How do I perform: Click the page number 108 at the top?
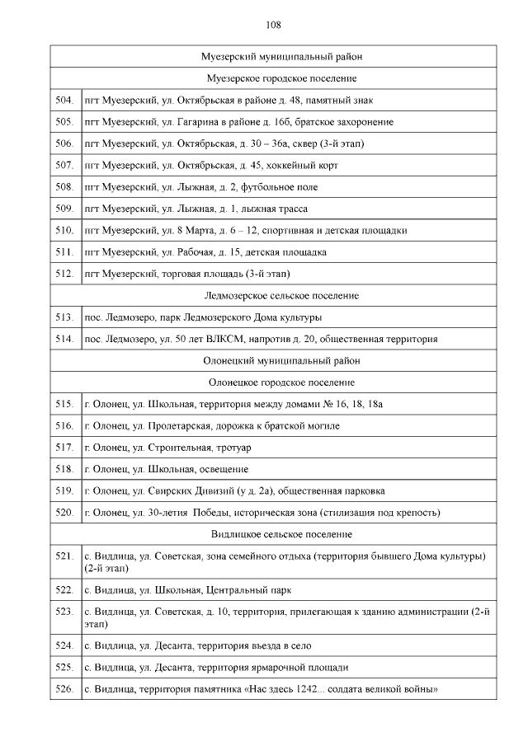click(x=273, y=25)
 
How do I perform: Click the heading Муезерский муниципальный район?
click(x=273, y=57)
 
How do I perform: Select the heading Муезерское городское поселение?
click(x=273, y=78)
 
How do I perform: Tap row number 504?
click(x=64, y=101)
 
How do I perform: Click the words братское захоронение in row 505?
click(x=348, y=122)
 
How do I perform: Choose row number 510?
click(x=64, y=230)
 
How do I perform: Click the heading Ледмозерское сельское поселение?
click(x=273, y=295)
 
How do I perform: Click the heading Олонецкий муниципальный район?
click(x=273, y=360)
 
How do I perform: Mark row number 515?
click(x=64, y=404)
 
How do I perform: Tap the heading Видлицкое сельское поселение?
click(x=273, y=534)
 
